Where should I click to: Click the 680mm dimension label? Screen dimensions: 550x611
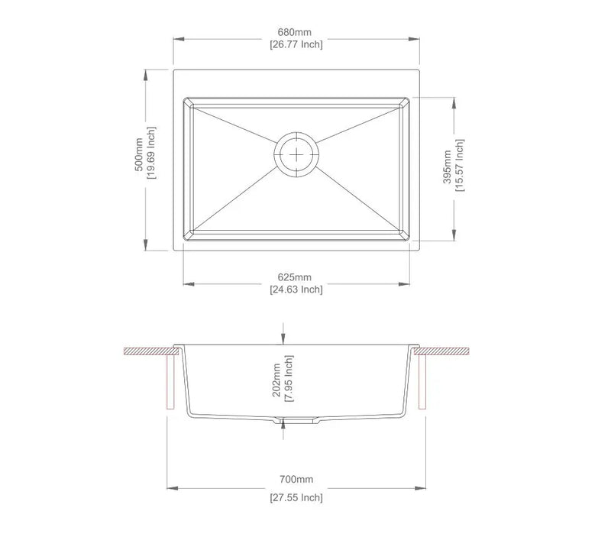(296, 32)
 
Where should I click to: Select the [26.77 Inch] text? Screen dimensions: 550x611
(296, 44)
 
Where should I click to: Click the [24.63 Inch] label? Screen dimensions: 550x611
(296, 290)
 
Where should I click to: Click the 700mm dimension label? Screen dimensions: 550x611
(296, 480)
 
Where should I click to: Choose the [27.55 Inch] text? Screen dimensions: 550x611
(296, 497)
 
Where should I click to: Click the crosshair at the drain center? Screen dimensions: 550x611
(295, 154)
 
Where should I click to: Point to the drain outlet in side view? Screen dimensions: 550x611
(295, 421)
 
